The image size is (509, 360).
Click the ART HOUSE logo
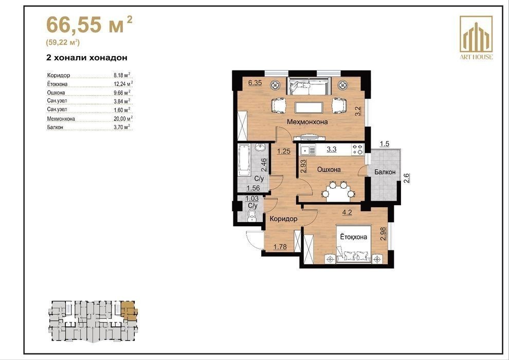click(476, 38)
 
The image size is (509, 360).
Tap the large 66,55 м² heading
click(89, 25)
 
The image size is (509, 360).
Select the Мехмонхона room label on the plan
click(307, 122)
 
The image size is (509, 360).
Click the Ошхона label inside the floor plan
click(329, 169)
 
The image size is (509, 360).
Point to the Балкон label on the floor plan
click(385, 172)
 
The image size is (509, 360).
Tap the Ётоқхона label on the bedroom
click(354, 237)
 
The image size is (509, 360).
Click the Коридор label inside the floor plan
click(283, 219)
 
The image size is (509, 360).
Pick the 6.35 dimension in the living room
click(255, 83)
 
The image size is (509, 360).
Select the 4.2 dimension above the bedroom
click(347, 213)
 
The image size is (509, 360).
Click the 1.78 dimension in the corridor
click(280, 247)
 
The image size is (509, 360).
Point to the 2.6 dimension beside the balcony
click(407, 178)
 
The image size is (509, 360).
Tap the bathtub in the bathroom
click(244, 160)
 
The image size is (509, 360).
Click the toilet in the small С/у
click(252, 216)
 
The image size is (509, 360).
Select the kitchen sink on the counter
click(308, 151)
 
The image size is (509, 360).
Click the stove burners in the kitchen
click(357, 150)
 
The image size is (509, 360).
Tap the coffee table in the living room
click(308, 107)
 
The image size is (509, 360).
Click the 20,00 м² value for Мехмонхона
click(123, 118)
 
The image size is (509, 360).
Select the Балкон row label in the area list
click(55, 127)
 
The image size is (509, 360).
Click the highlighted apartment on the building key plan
click(129, 311)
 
